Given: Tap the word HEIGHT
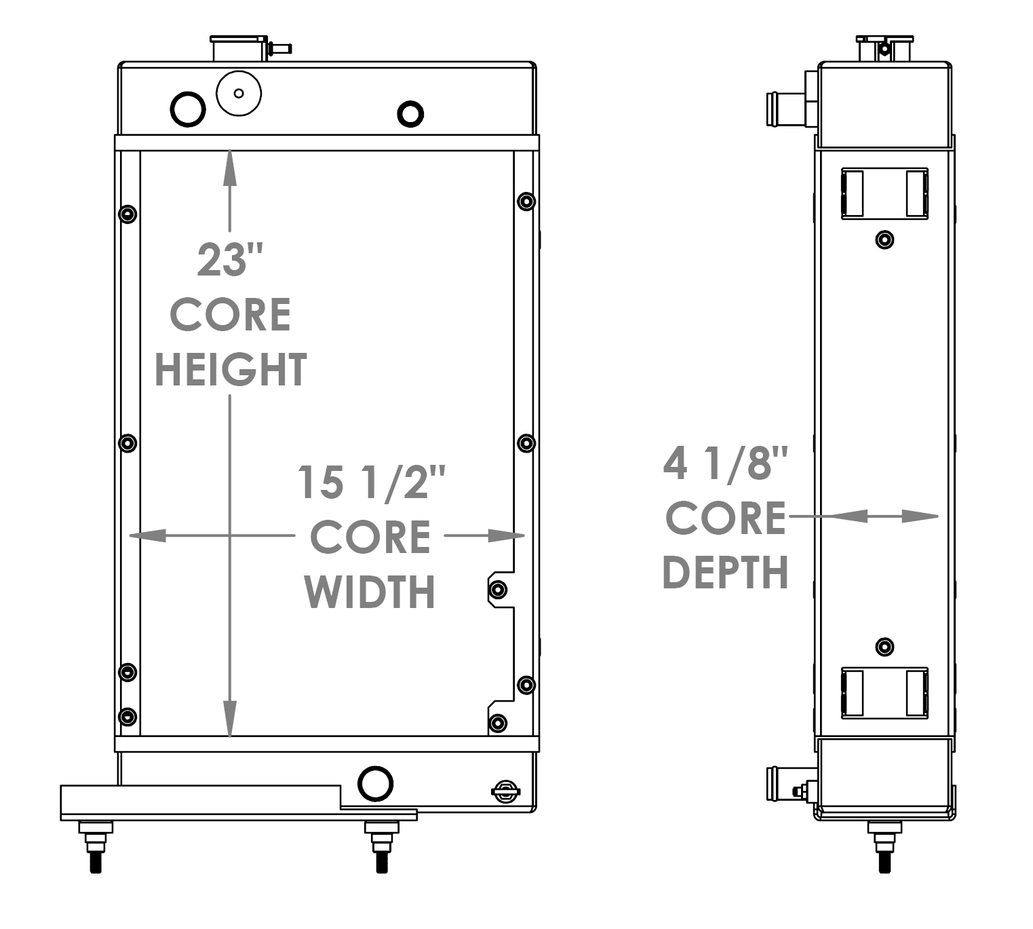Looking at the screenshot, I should click(x=231, y=370).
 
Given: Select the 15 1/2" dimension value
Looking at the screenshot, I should click(x=370, y=482).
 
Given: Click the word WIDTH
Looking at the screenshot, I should click(x=370, y=592).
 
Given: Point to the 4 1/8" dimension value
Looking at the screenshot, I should click(x=725, y=465).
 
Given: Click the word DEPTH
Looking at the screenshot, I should click(x=725, y=572).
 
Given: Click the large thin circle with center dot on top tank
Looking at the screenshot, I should click(x=239, y=94).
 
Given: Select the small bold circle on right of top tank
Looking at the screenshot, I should click(x=410, y=113).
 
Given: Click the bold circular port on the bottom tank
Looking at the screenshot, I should click(x=375, y=783).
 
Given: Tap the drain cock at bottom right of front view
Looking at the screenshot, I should click(x=506, y=791).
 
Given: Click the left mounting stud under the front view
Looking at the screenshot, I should click(x=96, y=846).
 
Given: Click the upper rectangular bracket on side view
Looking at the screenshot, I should click(x=884, y=193).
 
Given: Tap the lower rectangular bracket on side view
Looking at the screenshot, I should click(x=884, y=692).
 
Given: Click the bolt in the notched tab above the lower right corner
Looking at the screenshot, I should click(x=498, y=589).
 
